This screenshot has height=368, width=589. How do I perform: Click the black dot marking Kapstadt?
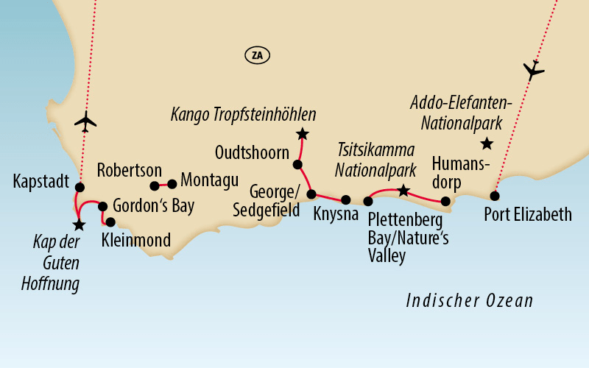point(80,187)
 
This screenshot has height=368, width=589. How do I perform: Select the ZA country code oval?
point(256,54)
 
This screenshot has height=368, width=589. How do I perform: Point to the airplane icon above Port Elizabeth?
point(533,70)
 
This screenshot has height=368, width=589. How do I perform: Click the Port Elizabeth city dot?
point(495,196)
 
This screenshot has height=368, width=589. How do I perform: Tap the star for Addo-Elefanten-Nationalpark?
point(486,144)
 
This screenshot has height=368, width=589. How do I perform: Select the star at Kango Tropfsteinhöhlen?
point(302,134)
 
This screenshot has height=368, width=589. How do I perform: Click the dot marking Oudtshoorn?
point(297,164)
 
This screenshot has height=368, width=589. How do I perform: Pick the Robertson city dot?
point(155,185)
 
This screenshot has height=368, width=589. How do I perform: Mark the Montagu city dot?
point(172,184)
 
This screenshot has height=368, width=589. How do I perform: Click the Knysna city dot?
point(346,199)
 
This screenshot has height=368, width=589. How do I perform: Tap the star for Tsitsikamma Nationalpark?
point(403,191)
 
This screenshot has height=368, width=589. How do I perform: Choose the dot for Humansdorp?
point(445,201)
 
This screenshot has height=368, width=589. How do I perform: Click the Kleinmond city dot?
point(110,222)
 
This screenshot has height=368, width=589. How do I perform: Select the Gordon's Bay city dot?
point(103,207)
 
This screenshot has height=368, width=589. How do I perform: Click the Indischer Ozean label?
point(470,301)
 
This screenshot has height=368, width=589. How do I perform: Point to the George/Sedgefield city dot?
point(311,194)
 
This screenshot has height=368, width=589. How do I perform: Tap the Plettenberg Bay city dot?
point(368,201)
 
